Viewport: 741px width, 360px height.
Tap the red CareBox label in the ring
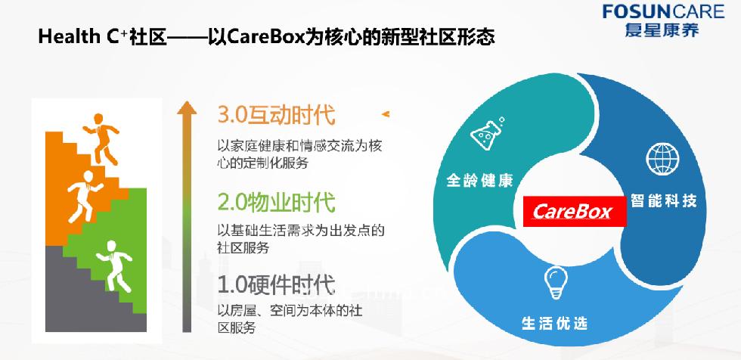point(574,211)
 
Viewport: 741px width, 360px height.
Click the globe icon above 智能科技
point(662,158)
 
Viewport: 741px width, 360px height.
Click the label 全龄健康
point(479,181)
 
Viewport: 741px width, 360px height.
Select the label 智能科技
point(664,201)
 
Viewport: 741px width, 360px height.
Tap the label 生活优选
point(555,324)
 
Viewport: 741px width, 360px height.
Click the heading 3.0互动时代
point(277,115)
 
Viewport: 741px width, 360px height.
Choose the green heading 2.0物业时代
point(277,203)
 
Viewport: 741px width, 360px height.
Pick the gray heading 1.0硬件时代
point(277,284)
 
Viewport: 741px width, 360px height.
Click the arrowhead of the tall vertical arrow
point(187,107)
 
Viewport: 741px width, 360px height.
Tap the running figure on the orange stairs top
point(101,139)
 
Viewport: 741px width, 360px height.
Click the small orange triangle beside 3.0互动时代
point(385,114)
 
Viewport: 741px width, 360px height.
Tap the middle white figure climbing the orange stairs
point(85,197)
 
